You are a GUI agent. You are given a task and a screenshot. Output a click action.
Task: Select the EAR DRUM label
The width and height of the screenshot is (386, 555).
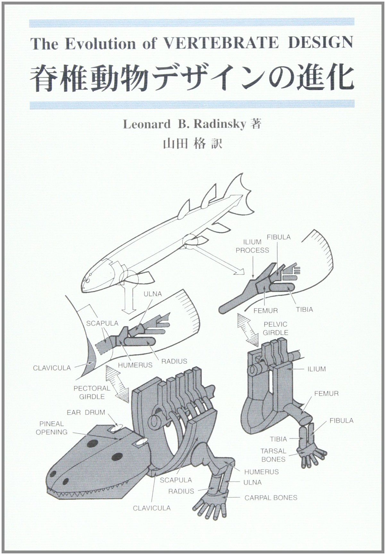[86, 412]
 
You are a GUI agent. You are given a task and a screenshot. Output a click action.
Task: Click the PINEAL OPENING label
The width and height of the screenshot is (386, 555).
[52, 428]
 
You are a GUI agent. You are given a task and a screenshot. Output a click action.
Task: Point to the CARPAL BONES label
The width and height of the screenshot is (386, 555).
[271, 498]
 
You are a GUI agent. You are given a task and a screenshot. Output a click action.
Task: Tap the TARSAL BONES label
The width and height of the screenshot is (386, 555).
[273, 455]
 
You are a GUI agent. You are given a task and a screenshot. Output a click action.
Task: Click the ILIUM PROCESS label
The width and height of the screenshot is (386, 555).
[252, 246]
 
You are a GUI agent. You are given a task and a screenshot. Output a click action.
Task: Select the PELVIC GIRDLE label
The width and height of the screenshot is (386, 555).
[275, 328]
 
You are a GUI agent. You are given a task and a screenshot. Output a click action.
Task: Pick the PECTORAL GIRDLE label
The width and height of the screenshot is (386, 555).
[92, 392]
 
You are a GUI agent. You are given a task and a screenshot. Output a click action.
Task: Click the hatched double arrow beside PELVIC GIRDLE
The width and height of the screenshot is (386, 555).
[247, 330]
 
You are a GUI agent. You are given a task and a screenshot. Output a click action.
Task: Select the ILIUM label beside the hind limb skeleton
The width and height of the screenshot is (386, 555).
[316, 369]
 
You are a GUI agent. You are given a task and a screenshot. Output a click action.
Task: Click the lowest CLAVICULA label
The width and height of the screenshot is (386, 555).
[152, 508]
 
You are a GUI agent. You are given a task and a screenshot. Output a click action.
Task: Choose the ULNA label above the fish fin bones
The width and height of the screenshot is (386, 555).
[153, 294]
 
